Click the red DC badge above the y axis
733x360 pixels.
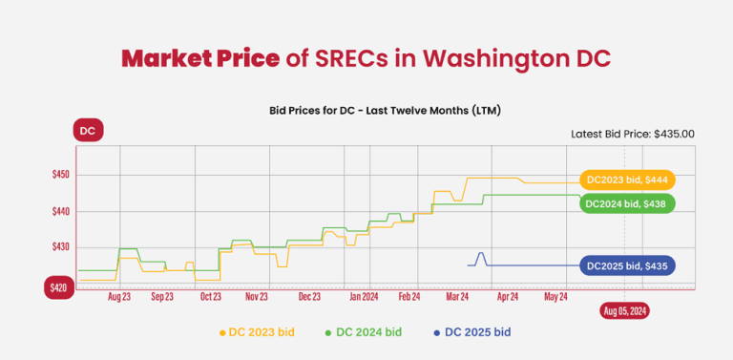tap(87, 130)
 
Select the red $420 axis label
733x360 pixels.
tap(59, 287)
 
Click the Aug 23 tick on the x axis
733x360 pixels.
tap(119, 297)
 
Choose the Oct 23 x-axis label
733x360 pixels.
tap(212, 297)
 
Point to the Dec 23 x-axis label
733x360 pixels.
tap(309, 297)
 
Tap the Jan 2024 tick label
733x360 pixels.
tap(362, 297)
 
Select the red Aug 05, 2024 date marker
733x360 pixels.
tap(625, 310)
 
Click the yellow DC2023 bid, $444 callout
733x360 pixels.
tap(627, 180)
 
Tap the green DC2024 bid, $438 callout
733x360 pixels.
tap(626, 203)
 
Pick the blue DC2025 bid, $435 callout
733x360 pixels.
tap(627, 265)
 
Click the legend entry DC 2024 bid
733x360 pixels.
tap(365, 332)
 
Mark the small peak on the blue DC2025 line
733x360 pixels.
tap(481, 253)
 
